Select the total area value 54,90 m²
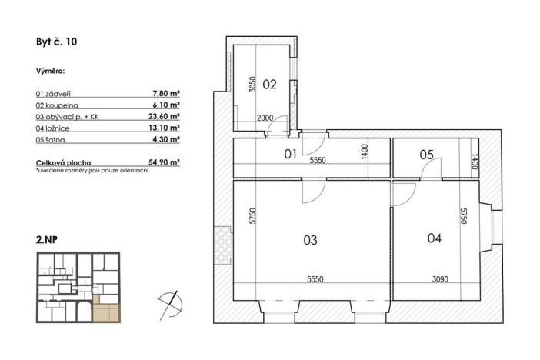(164, 163)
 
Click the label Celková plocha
(63, 163)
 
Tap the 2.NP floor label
(47, 240)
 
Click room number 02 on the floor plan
(269, 85)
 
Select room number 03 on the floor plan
(310, 240)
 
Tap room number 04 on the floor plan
(434, 238)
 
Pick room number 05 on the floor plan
(426, 155)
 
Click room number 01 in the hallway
(291, 154)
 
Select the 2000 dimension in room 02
(264, 118)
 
